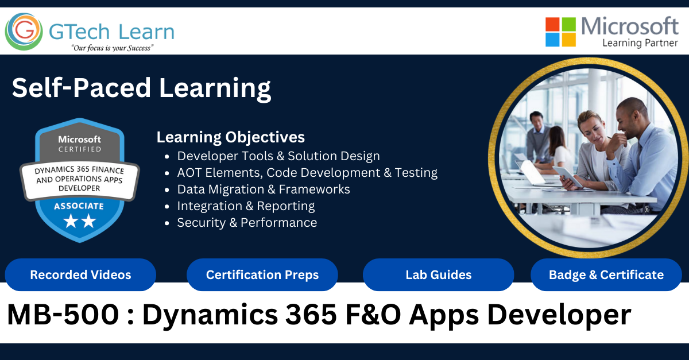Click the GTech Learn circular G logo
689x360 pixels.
click(x=24, y=32)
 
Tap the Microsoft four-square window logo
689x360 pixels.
click(x=560, y=32)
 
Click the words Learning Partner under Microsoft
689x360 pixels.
click(x=640, y=43)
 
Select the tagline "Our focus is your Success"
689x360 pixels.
click(x=112, y=48)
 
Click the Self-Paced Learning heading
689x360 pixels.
click(x=141, y=88)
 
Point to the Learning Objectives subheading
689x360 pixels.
click(x=231, y=138)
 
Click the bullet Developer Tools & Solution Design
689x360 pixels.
click(x=278, y=156)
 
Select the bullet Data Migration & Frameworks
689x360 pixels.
click(x=264, y=189)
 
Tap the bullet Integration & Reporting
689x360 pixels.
click(x=246, y=206)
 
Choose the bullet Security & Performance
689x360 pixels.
click(x=247, y=223)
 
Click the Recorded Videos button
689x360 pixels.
click(x=80, y=275)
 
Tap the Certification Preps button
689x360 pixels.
click(x=262, y=275)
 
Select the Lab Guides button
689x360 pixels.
click(x=438, y=275)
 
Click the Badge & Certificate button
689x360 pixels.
click(x=606, y=275)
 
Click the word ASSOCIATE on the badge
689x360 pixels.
click(x=79, y=206)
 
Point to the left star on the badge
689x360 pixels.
click(x=71, y=221)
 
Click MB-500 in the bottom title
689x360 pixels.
click(x=63, y=315)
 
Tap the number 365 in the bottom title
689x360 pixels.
click(x=311, y=315)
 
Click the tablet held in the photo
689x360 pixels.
click(x=568, y=177)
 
